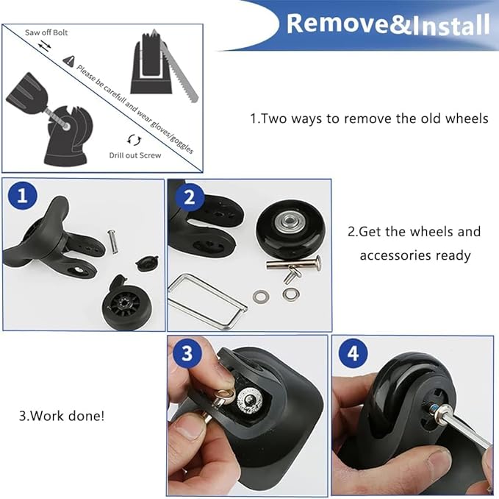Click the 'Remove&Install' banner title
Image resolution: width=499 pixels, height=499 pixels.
coord(387,24)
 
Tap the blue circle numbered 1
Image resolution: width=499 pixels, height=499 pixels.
coord(22,197)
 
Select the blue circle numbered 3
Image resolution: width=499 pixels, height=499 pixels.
coord(187,353)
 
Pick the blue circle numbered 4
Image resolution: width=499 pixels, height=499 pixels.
coord(353,353)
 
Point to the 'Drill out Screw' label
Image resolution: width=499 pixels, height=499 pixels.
coord(134,155)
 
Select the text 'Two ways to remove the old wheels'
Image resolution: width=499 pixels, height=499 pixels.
coord(369,118)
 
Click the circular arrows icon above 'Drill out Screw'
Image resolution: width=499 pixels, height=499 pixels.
coord(133,139)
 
